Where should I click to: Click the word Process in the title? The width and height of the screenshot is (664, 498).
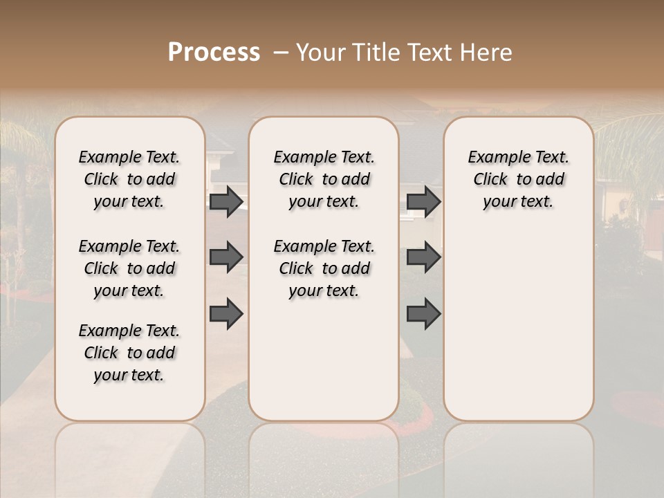(x=214, y=53)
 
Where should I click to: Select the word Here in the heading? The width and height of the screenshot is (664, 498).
(x=488, y=53)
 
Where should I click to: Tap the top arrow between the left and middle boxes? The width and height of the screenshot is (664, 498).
(x=226, y=201)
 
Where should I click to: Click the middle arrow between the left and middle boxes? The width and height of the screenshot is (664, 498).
(x=226, y=257)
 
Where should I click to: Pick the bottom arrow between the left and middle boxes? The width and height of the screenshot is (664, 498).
(x=226, y=314)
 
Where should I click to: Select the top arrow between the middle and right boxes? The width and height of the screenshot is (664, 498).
(x=423, y=201)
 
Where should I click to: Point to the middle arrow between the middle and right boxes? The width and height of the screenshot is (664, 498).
(x=423, y=257)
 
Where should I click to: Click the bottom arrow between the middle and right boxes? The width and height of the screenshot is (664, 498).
(x=423, y=314)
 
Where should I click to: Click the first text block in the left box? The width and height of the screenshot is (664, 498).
(x=129, y=179)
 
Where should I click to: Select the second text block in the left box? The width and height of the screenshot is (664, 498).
(x=129, y=268)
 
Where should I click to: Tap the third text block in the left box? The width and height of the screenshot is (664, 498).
(x=129, y=353)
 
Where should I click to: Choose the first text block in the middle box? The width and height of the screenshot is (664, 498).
(x=324, y=179)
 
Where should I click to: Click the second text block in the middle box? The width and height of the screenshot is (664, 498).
(x=324, y=268)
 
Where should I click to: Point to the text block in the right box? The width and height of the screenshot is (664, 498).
(x=518, y=179)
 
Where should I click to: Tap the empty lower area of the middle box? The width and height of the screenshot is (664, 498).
(x=324, y=360)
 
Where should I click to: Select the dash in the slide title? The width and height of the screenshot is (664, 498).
(x=281, y=53)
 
